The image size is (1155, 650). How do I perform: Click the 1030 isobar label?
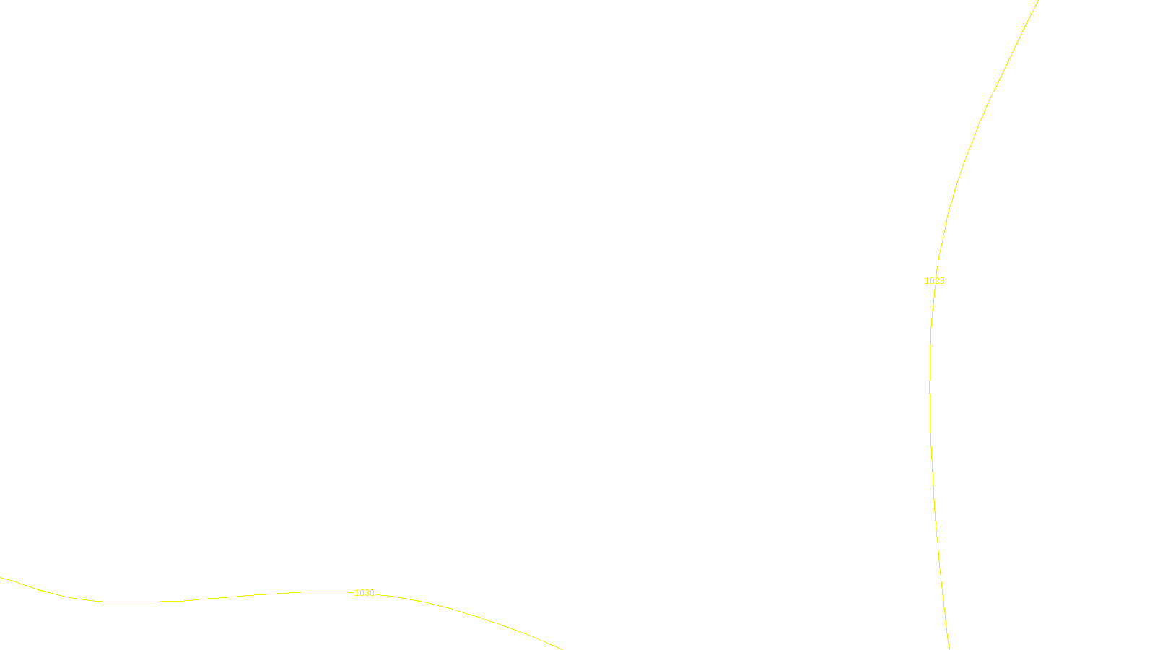tap(365, 593)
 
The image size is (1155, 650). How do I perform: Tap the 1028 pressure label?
tap(934, 281)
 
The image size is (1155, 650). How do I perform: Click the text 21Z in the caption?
tap(547, 638)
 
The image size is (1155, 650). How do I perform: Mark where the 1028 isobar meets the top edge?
tap(1038, 1)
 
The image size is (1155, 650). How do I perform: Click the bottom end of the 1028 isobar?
tap(949, 648)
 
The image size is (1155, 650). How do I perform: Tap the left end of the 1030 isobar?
tap(1, 577)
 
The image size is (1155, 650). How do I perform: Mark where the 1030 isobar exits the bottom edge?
tap(561, 649)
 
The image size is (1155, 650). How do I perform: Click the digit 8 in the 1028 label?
tap(941, 281)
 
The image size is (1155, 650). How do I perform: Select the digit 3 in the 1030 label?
tap(367, 593)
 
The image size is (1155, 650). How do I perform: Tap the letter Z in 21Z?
tap(552, 638)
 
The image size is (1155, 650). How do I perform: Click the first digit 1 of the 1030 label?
tap(357, 593)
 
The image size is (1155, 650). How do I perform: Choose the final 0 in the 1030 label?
tap(372, 593)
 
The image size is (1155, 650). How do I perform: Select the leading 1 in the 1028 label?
tap(927, 281)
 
